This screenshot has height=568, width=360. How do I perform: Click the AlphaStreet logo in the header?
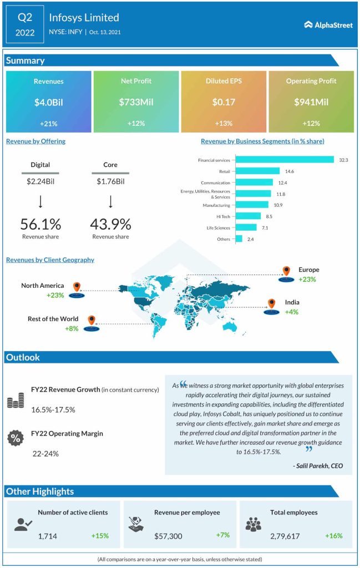328,24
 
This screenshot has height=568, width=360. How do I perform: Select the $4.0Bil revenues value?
48,102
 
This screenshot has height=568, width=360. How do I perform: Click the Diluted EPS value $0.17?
223,102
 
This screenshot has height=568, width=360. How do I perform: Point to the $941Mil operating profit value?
311,102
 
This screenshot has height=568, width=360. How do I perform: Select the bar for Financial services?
285,160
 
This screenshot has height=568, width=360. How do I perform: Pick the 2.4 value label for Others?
250,239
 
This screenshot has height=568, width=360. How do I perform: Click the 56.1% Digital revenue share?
40,224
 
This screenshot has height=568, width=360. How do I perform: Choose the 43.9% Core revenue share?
110,224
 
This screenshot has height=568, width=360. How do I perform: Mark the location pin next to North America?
77,287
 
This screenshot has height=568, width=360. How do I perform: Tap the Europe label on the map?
308,270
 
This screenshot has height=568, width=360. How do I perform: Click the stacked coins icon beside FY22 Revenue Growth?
15,401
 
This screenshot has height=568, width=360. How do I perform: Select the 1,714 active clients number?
48,536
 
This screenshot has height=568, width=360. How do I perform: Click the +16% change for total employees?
334,536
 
